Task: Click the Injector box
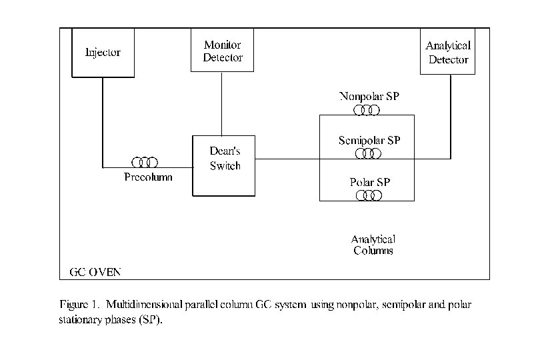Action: click(x=103, y=52)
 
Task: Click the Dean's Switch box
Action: click(x=224, y=165)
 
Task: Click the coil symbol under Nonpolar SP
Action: click(x=367, y=109)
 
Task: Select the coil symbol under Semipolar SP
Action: click(x=367, y=154)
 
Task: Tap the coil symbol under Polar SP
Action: click(x=368, y=195)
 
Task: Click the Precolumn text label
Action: click(x=148, y=177)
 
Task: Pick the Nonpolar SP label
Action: click(x=369, y=95)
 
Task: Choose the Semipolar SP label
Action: click(x=369, y=141)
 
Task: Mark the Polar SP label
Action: click(x=369, y=182)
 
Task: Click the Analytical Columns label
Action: click(x=373, y=245)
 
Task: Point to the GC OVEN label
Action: click(x=95, y=272)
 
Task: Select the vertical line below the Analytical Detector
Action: click(x=451, y=117)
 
